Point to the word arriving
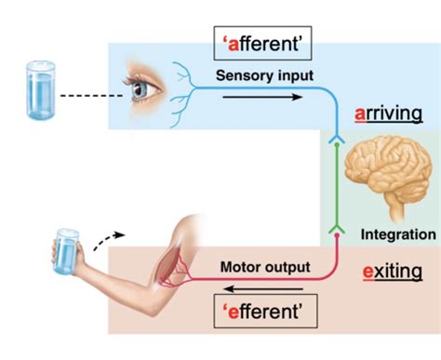click(390, 113)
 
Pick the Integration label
click(397, 235)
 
